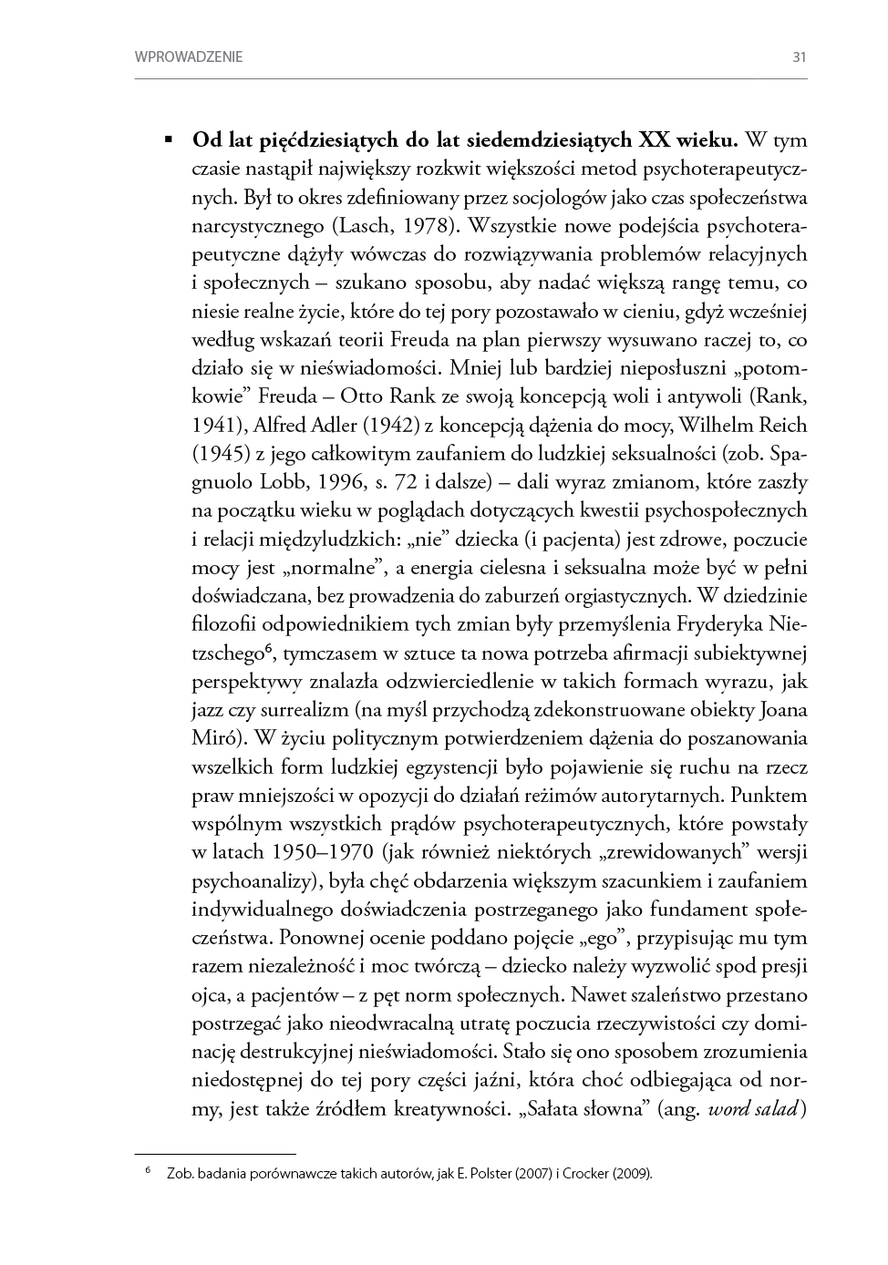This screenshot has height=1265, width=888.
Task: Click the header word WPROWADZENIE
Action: click(189, 57)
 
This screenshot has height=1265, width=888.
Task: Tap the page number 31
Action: click(800, 57)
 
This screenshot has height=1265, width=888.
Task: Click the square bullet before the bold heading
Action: click(169, 141)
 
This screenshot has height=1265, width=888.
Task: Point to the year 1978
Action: click(426, 226)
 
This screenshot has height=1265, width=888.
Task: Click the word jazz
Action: click(212, 710)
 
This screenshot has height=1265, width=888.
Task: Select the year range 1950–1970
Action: click(323, 852)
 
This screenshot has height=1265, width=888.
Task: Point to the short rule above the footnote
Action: click(215, 1153)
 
